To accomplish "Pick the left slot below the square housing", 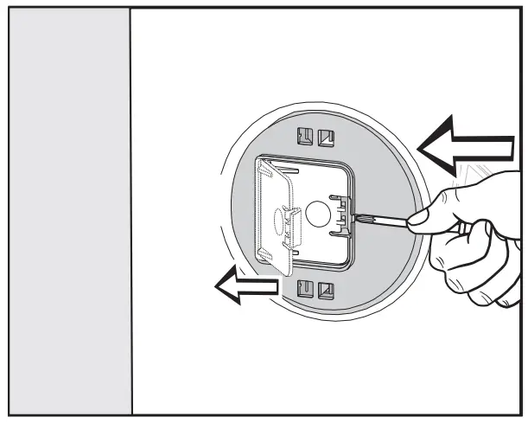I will pyautogui.click(x=305, y=288).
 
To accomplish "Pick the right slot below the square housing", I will pyautogui.click(x=325, y=288).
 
